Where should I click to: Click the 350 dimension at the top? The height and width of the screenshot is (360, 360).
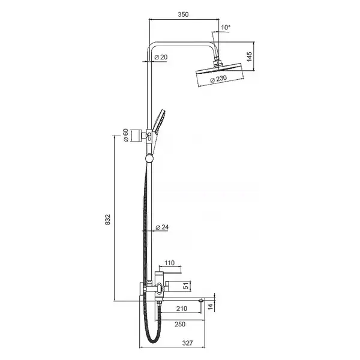pos(183,14)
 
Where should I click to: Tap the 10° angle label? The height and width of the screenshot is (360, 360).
pos(226,28)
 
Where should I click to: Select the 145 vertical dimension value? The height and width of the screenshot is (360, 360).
pos(250,56)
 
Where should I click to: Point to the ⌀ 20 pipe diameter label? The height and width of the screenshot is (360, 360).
pos(161,57)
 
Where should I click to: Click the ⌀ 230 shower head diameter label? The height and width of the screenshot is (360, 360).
pos(218,79)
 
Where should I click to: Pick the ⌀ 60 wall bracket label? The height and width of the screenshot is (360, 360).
pos(126,135)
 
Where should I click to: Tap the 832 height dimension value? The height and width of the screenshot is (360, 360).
pos(107,219)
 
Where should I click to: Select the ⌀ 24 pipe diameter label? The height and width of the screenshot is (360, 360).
pos(162,227)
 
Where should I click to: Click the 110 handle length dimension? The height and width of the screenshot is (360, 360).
pos(169,263)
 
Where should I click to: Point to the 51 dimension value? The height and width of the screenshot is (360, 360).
pos(186,286)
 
